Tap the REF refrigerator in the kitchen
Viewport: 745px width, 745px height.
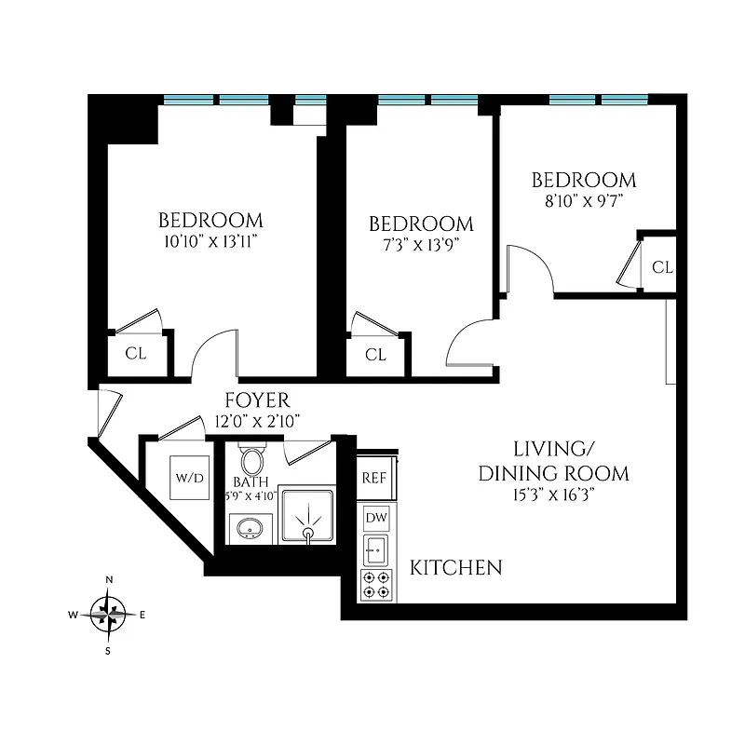374,478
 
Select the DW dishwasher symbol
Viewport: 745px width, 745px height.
376,518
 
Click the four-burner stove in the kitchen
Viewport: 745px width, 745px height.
376,585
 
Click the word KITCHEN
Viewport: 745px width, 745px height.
456,567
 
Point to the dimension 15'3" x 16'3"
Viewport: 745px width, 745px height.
553,494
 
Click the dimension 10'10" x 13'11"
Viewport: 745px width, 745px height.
210,240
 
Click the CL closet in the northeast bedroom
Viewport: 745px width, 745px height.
661,267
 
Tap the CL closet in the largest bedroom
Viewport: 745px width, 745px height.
136,354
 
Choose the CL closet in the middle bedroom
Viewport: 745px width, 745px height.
375,355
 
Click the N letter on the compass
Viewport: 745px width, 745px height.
109,580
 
